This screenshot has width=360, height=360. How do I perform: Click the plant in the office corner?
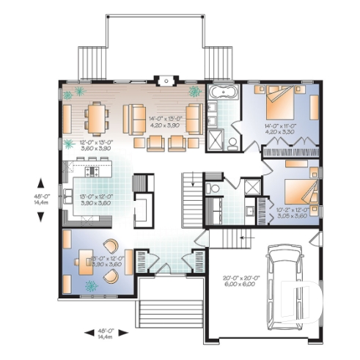[x=91, y=285]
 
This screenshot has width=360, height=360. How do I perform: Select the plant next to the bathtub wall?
[x=195, y=92]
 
